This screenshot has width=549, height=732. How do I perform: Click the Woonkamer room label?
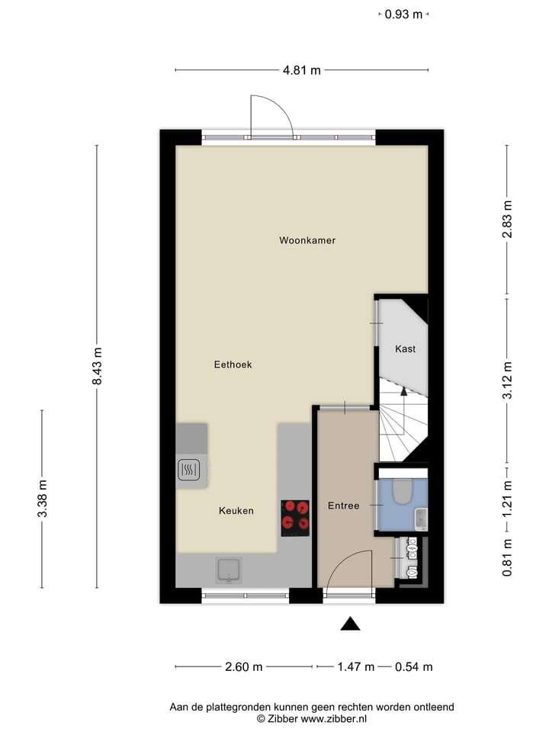[x=307, y=240]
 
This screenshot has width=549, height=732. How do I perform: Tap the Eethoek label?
[x=233, y=364]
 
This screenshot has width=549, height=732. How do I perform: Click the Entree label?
[x=343, y=506]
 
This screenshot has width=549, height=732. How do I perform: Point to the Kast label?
[x=405, y=349]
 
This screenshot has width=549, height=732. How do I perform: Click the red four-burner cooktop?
[x=295, y=514]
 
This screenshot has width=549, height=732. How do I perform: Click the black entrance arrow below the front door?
[x=350, y=624]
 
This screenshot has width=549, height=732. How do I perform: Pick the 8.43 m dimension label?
[x=97, y=367]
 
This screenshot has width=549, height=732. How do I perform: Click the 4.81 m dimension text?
[x=302, y=70]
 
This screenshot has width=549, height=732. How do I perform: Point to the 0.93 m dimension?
[x=403, y=14]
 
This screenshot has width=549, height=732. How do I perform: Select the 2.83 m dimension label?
[x=507, y=220]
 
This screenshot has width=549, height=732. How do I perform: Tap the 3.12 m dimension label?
[x=507, y=380]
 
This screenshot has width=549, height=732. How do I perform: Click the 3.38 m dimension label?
[x=43, y=499]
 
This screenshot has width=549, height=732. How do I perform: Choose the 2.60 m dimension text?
[x=244, y=666]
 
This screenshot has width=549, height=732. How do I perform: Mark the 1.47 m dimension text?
[x=355, y=666]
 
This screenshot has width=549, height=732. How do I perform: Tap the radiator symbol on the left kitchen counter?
[x=188, y=470]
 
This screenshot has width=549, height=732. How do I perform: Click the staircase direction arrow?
[x=404, y=391]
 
